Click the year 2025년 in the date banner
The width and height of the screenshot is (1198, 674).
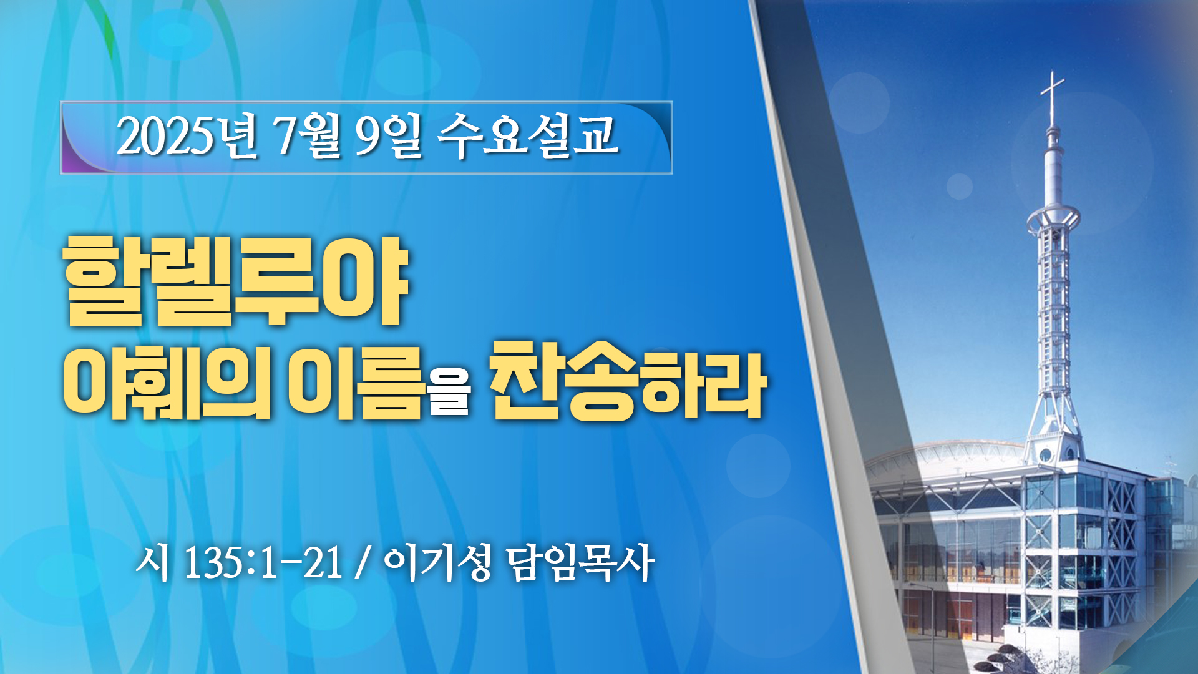point(187,135)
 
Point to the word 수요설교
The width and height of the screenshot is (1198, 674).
point(528,135)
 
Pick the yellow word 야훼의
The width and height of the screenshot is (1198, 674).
point(167,381)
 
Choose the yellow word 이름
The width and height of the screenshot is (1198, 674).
point(356,381)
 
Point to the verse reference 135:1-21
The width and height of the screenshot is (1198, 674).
point(263,562)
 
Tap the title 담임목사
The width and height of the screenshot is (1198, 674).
point(581,562)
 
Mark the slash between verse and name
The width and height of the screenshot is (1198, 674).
point(362,562)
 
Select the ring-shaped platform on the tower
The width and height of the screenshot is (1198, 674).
point(1053,218)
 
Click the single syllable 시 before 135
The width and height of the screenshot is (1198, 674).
point(153,562)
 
